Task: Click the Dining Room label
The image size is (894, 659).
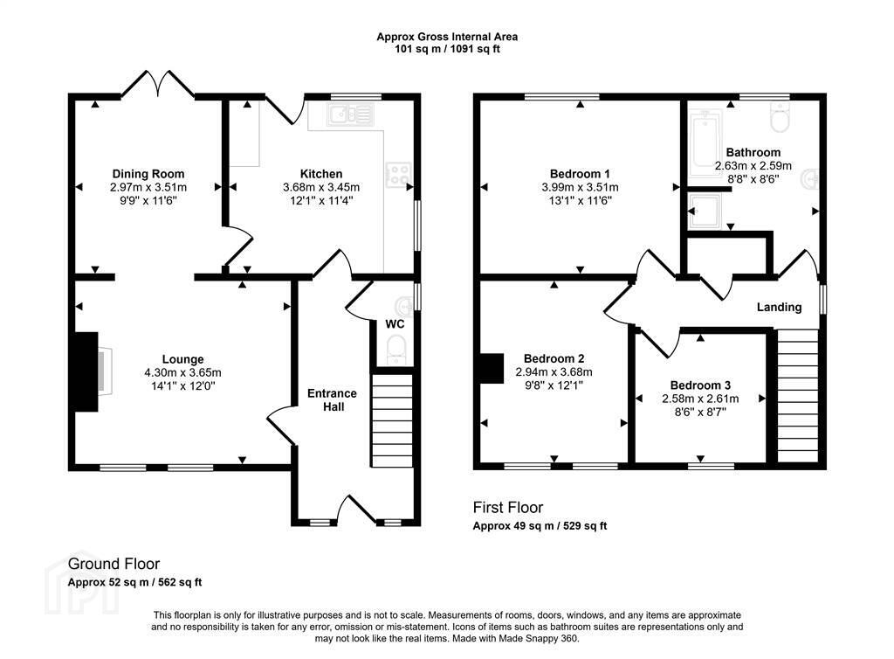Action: click(148, 174)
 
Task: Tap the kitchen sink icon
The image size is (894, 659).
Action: click(351, 114)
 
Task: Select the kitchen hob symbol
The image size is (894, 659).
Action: click(398, 175)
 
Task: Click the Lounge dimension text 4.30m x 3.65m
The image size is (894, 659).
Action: click(182, 372)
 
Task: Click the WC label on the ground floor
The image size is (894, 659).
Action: click(395, 324)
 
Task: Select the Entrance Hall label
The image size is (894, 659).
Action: click(333, 400)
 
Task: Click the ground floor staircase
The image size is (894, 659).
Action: click(392, 420)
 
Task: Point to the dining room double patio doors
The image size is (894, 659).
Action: click(158, 84)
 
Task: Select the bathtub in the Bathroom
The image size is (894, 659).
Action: click(705, 143)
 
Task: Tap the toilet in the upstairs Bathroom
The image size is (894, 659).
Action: click(780, 117)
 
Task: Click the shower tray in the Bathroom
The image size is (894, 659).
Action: click(705, 212)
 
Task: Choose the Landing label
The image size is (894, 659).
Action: click(779, 308)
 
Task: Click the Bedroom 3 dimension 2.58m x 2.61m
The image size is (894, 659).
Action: click(700, 399)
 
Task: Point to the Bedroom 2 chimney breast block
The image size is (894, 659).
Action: click(492, 368)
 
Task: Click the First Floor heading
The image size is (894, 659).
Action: click(508, 507)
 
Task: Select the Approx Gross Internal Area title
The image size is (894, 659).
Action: click(447, 37)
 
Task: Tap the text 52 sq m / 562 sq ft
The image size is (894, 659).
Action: click(153, 583)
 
